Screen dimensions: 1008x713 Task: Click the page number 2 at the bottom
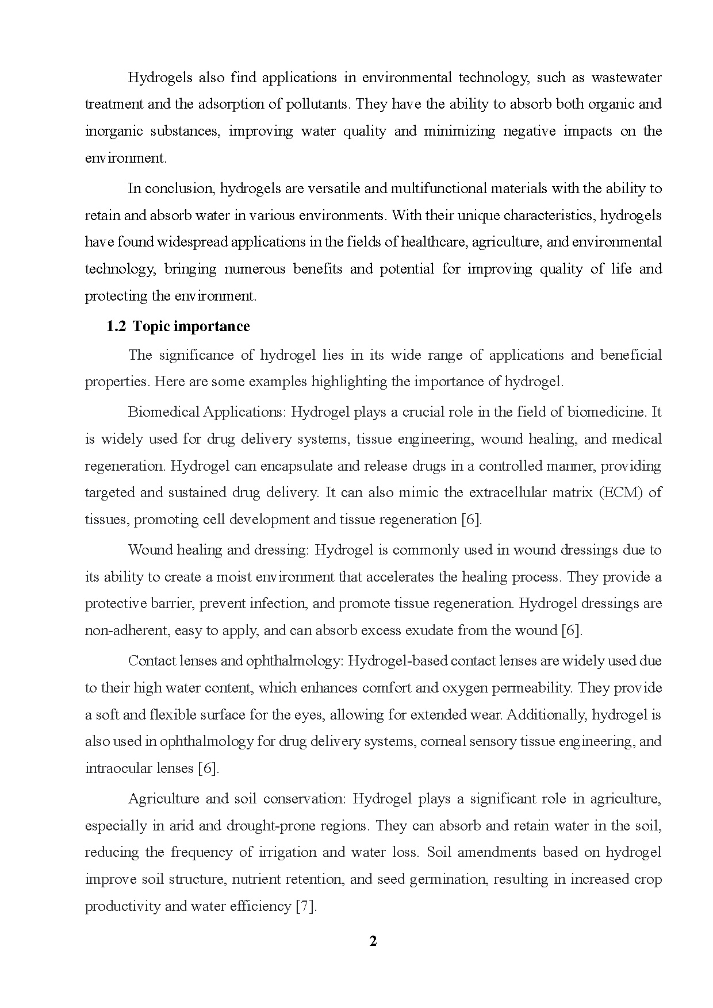(373, 941)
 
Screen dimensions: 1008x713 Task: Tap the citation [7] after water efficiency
(305, 906)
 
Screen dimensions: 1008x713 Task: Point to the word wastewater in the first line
(626, 77)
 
